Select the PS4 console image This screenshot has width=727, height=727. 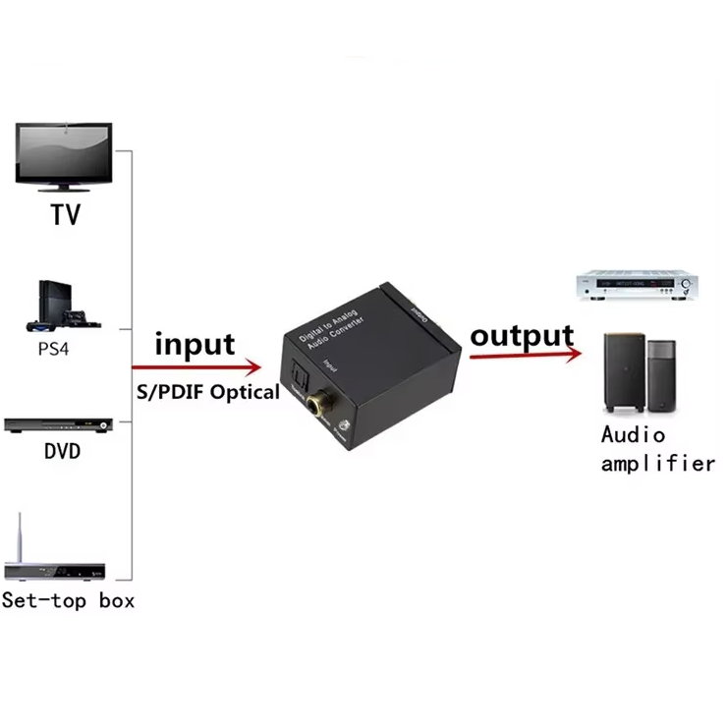pos(62,307)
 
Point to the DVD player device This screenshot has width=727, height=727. pos(60,425)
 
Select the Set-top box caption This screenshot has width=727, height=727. pos(68,599)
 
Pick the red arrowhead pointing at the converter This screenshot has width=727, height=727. pos(254,367)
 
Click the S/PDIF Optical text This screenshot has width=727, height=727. pos(206,391)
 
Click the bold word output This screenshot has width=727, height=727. pos(521,335)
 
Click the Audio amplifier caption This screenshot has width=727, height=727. pos(657,449)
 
